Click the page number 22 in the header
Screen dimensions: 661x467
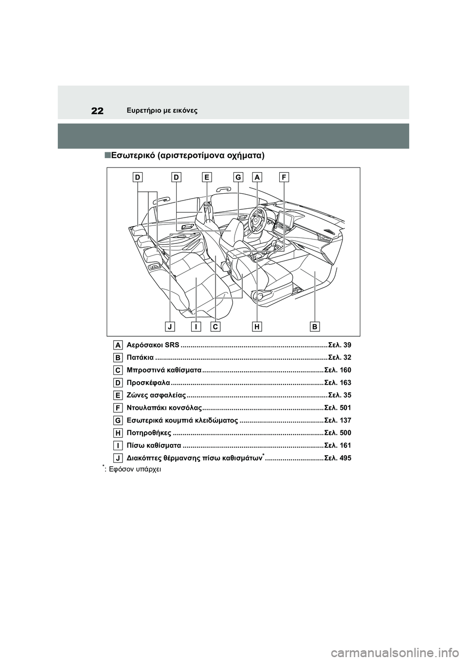click(97, 111)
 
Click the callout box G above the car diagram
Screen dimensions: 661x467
click(238, 178)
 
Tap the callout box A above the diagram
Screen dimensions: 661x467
click(257, 178)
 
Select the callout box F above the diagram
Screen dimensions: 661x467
click(284, 178)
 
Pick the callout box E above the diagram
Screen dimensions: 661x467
click(207, 178)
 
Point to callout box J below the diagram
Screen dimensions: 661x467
click(170, 326)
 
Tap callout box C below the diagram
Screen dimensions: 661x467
click(216, 326)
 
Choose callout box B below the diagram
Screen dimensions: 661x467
click(315, 326)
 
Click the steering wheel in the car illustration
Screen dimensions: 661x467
click(256, 220)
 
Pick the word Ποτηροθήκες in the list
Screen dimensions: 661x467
click(148, 433)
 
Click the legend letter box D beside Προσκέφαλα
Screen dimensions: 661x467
click(119, 383)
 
